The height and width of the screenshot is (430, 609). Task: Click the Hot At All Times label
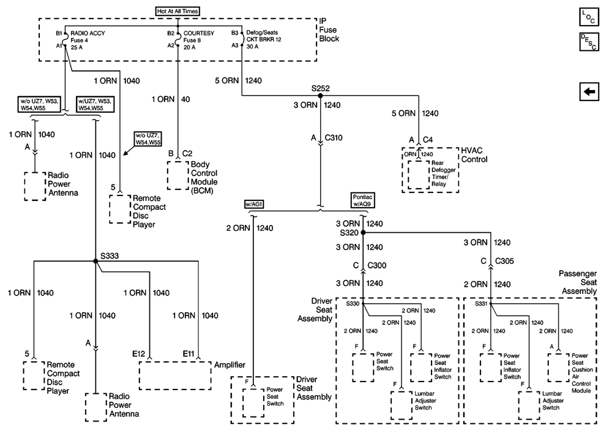click(177, 11)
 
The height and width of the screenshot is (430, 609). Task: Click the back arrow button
click(589, 91)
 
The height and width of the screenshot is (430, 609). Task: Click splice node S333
click(96, 262)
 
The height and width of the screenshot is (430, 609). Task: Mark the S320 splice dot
click(363, 233)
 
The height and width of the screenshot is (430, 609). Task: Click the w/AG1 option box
click(253, 203)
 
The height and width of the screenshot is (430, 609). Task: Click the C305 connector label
click(504, 260)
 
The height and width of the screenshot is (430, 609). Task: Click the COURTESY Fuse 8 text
click(199, 38)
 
